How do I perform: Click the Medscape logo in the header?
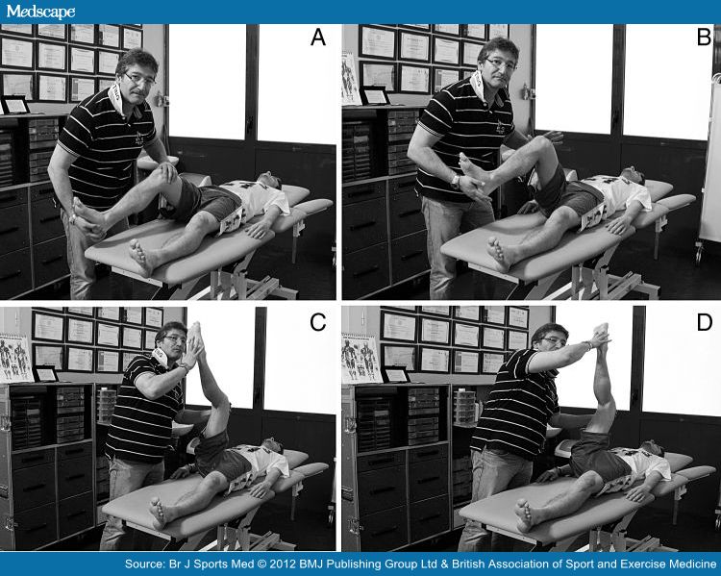39,11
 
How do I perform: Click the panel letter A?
317,39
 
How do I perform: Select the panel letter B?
704,39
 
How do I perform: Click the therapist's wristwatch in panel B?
455,179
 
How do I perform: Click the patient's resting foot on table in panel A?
141,257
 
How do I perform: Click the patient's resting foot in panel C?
158,513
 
